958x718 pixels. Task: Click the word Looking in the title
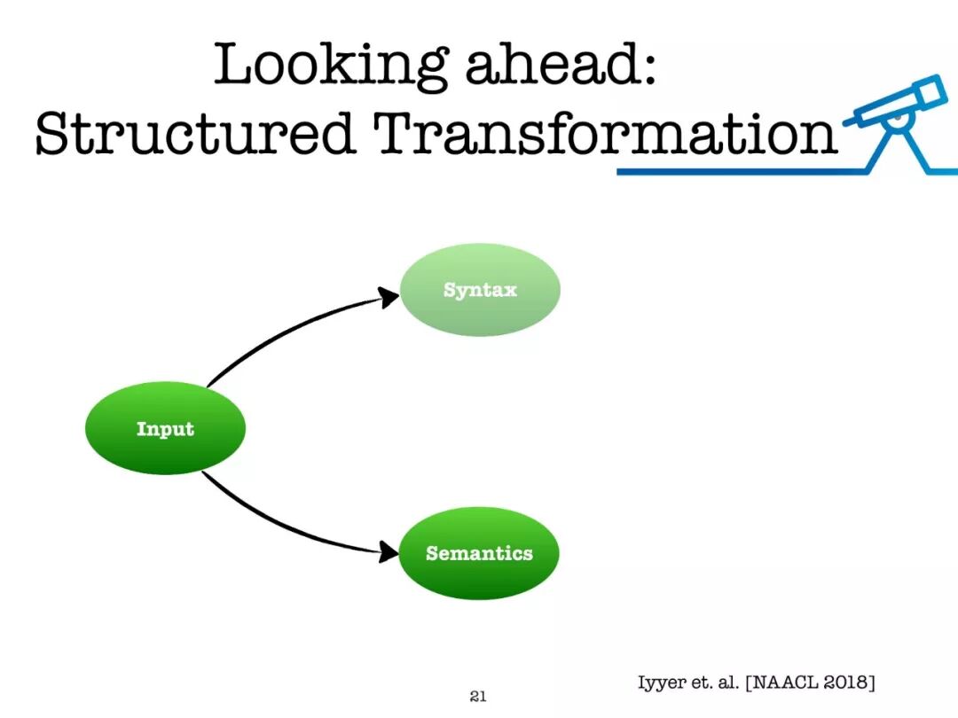point(330,66)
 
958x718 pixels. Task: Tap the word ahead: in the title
point(561,63)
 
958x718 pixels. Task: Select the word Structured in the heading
point(195,132)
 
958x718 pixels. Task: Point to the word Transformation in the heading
point(606,132)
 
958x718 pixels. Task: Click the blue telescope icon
point(898,123)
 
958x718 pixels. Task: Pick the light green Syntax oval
point(480,289)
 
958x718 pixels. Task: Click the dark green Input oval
point(165,428)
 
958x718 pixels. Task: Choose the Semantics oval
point(479,553)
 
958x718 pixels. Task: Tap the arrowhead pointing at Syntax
point(389,297)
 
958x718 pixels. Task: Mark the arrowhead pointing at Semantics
point(389,552)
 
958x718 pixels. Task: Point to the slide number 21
point(478,696)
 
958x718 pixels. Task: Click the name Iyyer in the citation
point(661,683)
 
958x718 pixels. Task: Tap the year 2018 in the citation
point(846,682)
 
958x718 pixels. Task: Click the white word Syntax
point(480,290)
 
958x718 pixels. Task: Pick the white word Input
point(165,429)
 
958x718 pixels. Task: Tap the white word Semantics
point(479,553)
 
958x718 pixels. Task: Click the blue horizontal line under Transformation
point(742,172)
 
